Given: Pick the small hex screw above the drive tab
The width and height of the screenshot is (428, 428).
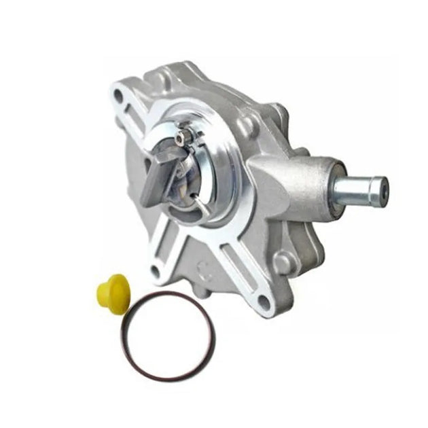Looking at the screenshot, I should tap(180, 138).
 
